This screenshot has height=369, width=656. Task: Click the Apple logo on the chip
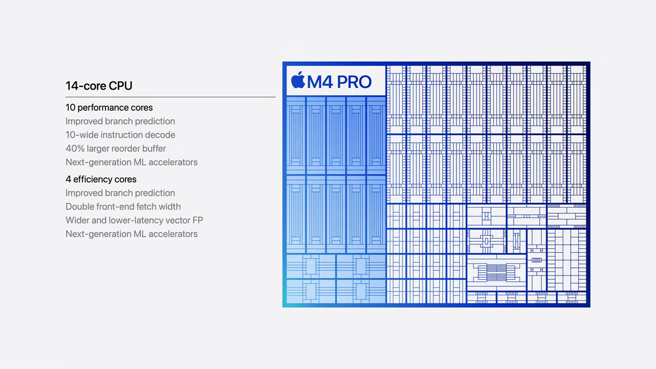click(x=298, y=80)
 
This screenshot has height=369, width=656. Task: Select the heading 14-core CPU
click(x=98, y=86)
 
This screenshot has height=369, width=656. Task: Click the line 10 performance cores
click(x=109, y=108)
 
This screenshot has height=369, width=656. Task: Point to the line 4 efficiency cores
click(x=101, y=179)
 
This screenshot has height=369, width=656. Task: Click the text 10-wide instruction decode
click(x=120, y=134)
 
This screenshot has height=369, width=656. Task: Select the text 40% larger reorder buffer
click(x=115, y=148)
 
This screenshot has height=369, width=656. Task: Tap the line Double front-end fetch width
click(x=123, y=207)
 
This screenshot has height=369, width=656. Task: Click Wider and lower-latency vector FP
click(x=134, y=220)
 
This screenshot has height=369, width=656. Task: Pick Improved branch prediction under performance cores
click(x=120, y=121)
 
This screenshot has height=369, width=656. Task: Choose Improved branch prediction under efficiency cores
click(x=120, y=193)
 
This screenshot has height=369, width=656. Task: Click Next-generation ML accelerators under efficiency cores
click(x=131, y=234)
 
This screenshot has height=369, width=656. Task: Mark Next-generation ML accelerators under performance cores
click(x=131, y=162)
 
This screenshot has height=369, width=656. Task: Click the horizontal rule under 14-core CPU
click(x=170, y=97)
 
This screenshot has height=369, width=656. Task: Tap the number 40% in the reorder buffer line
click(x=75, y=148)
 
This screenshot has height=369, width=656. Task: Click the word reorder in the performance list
click(x=124, y=148)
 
